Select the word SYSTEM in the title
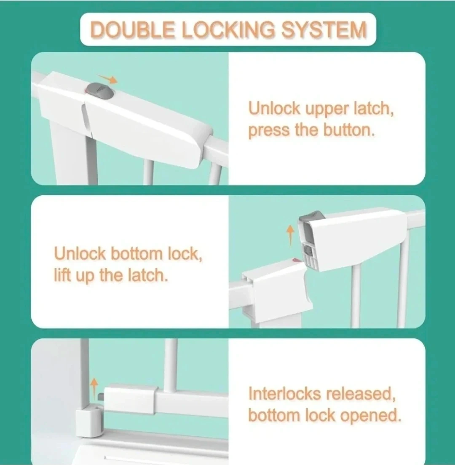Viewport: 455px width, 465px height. point(324,30)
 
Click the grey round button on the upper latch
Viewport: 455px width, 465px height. point(100,91)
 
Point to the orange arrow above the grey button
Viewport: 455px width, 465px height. point(108,78)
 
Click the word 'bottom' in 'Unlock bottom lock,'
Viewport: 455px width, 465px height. point(137,253)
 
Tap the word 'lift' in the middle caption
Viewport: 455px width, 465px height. point(62,275)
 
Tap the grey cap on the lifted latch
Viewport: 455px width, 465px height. point(310,215)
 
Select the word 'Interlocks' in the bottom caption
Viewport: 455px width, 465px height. point(284,394)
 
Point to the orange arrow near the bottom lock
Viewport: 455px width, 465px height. point(94,388)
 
